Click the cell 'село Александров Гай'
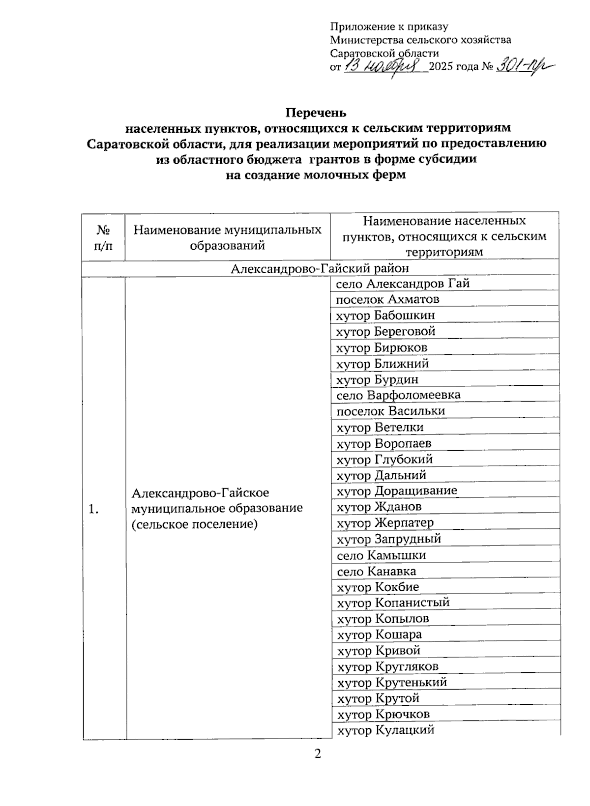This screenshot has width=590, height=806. (x=403, y=284)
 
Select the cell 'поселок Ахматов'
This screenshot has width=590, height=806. (x=387, y=299)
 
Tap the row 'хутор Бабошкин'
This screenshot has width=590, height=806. (x=385, y=316)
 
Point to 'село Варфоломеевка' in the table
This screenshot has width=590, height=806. (x=398, y=395)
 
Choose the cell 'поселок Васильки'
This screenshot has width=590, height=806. (x=390, y=411)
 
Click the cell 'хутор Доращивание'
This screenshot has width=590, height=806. (x=396, y=490)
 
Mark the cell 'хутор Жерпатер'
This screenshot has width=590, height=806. (x=385, y=522)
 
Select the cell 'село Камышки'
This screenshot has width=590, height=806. (x=381, y=555)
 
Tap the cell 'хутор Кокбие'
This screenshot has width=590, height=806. (x=378, y=587)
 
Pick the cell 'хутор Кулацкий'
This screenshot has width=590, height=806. (x=385, y=730)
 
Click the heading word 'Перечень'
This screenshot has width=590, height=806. (x=317, y=113)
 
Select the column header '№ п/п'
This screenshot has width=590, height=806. (x=103, y=237)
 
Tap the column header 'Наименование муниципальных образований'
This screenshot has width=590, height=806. (x=227, y=237)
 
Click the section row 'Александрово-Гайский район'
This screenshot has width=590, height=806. (x=320, y=268)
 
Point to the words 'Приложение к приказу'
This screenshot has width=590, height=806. (x=389, y=27)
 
